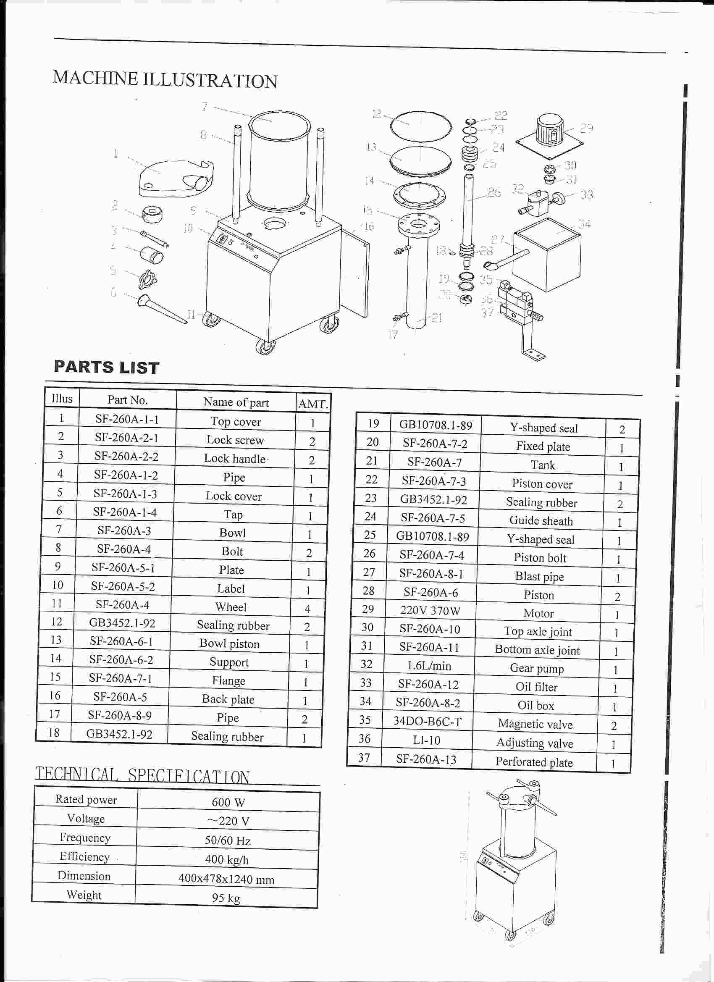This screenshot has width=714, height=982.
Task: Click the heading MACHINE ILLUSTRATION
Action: (165, 79)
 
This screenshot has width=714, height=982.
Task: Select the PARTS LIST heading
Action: (107, 367)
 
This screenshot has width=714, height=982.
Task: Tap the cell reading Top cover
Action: (236, 421)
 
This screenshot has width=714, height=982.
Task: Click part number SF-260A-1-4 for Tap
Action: (125, 512)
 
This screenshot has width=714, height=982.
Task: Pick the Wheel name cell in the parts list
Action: (231, 607)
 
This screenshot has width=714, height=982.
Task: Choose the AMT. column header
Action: (313, 404)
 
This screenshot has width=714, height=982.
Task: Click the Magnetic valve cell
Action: (535, 724)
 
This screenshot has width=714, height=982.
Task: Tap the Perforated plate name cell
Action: (534, 761)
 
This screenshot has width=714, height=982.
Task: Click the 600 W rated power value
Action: (228, 802)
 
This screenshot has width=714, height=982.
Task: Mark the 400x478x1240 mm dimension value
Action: (226, 879)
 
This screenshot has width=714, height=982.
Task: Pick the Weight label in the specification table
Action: (84, 895)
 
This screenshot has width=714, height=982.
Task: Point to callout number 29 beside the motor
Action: (586, 129)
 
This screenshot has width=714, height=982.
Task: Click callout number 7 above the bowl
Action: (205, 106)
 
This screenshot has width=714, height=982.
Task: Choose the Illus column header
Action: (62, 398)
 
